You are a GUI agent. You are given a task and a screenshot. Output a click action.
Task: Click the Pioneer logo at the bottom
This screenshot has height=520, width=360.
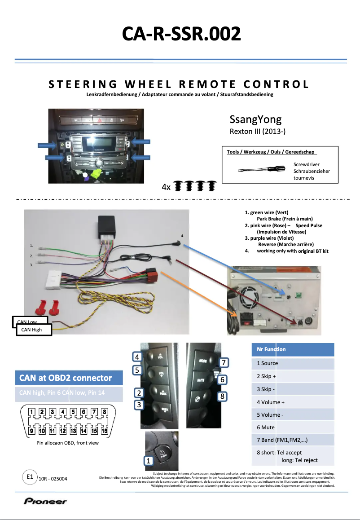tap(45, 502)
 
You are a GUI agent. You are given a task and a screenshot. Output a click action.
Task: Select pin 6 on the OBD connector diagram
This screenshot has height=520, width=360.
tap(85, 411)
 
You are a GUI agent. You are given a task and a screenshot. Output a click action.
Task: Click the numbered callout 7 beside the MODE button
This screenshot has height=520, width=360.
tap(224, 362)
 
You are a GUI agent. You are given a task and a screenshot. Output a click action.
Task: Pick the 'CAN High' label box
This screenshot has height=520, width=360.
tap(34, 330)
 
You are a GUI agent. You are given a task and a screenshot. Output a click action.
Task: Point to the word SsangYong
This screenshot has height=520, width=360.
tap(255, 119)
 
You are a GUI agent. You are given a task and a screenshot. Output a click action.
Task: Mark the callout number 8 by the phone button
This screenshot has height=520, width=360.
tap(221, 397)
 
